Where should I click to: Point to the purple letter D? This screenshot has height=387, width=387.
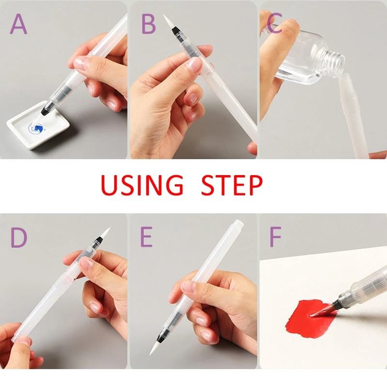[19, 238]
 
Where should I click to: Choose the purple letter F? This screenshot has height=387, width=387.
[275, 238]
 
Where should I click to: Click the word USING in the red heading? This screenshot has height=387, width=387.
[142, 185]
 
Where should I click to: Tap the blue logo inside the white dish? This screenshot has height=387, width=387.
[36, 128]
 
